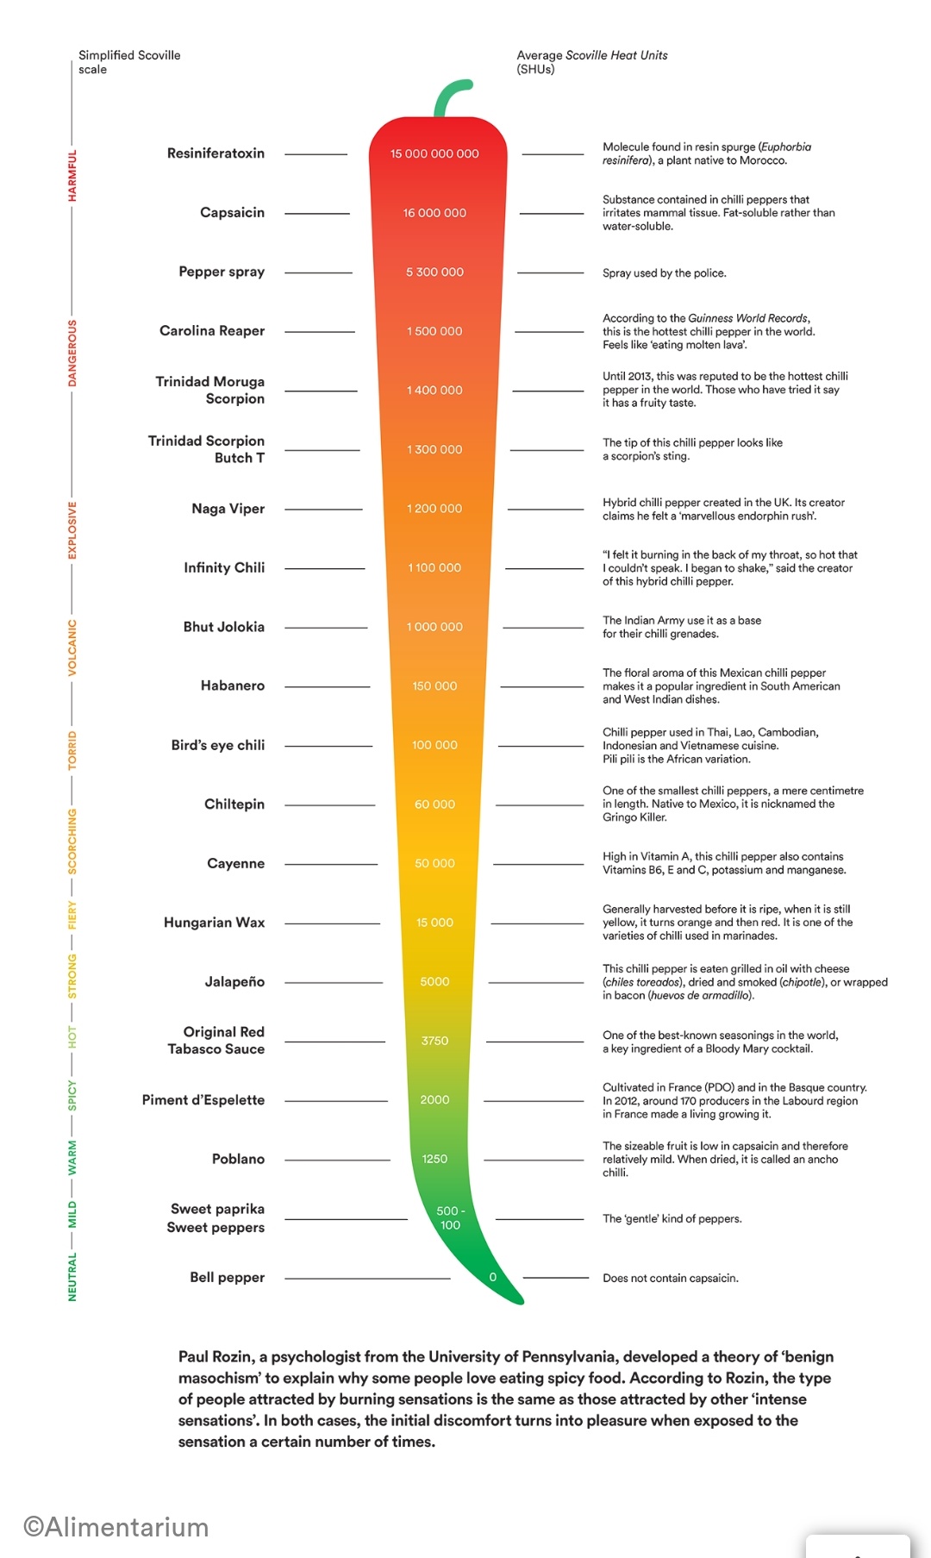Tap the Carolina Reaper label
click(x=212, y=331)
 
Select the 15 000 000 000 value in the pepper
click(x=434, y=153)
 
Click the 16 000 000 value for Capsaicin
click(x=434, y=213)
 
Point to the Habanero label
click(x=233, y=685)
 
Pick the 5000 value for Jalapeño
click(x=434, y=981)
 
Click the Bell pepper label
click(x=228, y=1277)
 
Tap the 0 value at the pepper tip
click(x=492, y=1277)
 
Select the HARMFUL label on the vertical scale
click(x=72, y=176)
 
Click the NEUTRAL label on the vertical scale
click(x=72, y=1277)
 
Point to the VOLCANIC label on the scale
click(x=72, y=647)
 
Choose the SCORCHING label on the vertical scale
click(x=72, y=841)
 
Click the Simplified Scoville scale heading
click(x=129, y=62)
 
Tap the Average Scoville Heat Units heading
click(x=591, y=62)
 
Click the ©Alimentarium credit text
click(x=116, y=1527)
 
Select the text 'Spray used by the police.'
click(x=664, y=273)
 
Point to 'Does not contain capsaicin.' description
click(x=670, y=1278)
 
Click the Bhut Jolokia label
click(x=224, y=627)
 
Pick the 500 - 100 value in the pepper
click(x=450, y=1217)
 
